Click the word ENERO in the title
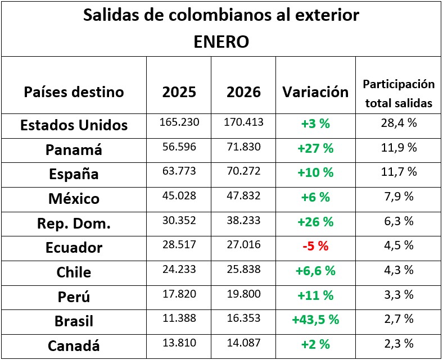221,42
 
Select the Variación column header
315,92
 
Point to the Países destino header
74,92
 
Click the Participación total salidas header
399,93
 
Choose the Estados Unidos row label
74,125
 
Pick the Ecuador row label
74,248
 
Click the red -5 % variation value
315,246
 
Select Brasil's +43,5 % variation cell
315,320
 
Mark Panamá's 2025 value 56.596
179,147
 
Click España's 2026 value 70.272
243,172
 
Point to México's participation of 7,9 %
399,197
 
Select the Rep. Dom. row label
74,223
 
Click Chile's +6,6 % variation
315,271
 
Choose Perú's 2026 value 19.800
243,294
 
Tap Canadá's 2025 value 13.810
179,343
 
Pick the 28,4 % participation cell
399,123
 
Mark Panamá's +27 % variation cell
315,148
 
